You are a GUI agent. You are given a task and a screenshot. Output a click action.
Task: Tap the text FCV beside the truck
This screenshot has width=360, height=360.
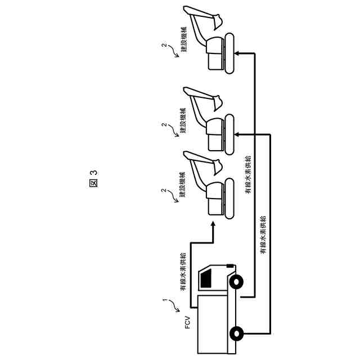tap(188, 325)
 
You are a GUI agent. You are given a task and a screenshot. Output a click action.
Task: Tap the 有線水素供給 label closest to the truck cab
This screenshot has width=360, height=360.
tap(183, 272)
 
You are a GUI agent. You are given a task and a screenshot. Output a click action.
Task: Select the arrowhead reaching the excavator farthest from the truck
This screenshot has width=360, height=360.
tap(237, 53)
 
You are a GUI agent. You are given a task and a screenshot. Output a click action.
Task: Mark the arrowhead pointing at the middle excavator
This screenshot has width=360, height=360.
tap(237, 134)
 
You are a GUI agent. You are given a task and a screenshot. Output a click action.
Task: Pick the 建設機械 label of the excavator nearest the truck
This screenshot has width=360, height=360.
tap(183, 186)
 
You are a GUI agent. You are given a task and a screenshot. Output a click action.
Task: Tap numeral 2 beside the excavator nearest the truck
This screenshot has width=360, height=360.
tap(164, 191)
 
